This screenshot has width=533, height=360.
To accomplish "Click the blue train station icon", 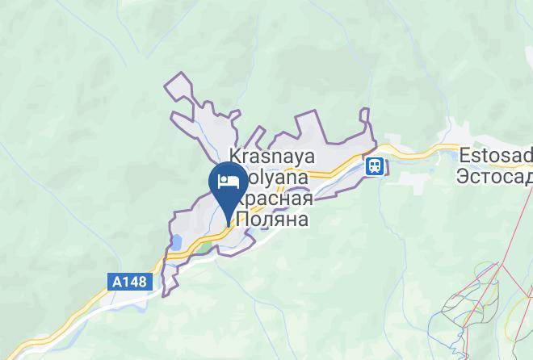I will click(375, 165).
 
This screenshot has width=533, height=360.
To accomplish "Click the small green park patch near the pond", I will click(206, 247).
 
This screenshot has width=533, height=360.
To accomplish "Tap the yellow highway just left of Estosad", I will click(428, 151).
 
